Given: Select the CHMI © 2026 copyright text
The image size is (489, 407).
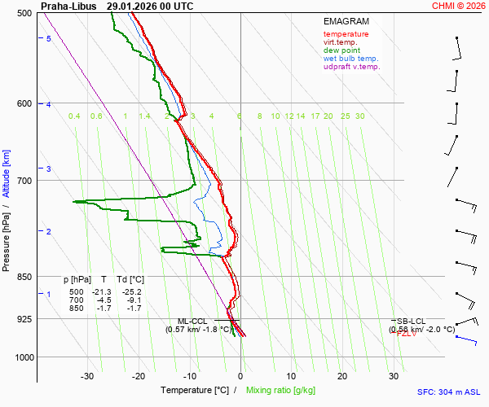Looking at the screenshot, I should [460, 6].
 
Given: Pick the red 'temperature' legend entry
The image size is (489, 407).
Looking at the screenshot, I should [346, 34].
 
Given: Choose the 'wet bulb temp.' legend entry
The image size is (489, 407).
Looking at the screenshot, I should [350, 59].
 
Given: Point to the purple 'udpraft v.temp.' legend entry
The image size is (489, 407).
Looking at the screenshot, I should [351, 67].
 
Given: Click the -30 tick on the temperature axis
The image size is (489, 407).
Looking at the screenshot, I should [87, 376].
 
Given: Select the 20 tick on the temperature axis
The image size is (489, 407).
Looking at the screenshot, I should [342, 376].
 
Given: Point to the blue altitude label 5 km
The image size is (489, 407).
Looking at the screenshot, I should [49, 39].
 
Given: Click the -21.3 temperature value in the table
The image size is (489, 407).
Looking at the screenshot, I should [101, 292].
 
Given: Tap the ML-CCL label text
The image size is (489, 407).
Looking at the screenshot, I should [193, 322].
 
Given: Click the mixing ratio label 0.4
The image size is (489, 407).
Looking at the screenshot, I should [74, 116].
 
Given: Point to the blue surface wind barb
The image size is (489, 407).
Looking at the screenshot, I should [467, 339].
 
